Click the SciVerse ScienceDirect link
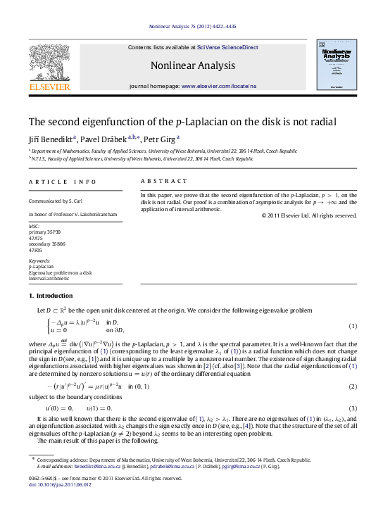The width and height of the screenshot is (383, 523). (227, 47)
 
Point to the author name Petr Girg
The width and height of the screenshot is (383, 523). (161, 139)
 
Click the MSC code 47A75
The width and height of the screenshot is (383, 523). (35, 237)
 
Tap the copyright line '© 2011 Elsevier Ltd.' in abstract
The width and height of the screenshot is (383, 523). (308, 215)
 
